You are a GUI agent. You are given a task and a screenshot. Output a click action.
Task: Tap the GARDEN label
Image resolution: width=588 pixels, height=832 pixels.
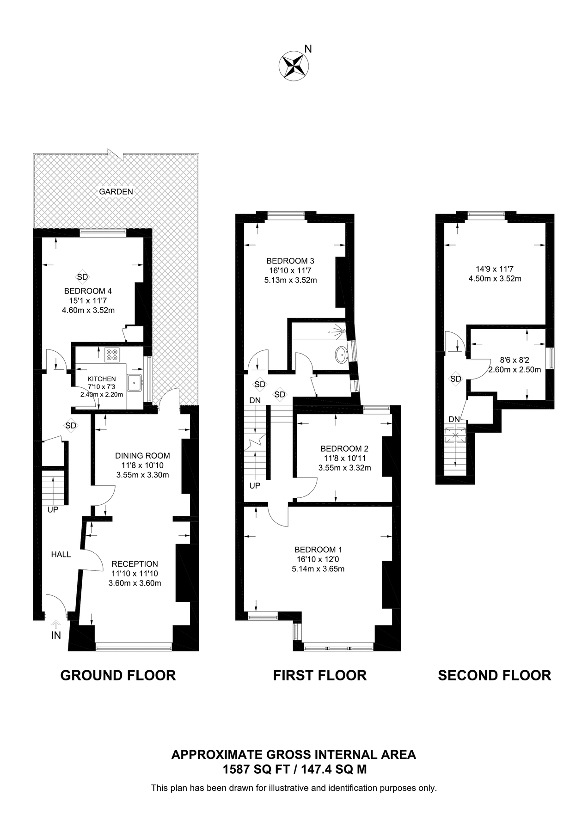point(116,191)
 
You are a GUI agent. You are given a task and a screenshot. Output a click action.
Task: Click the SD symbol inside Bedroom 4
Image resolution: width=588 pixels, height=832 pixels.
point(82,277)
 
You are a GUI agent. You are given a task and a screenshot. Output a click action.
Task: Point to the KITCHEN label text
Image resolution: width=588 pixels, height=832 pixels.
point(102,379)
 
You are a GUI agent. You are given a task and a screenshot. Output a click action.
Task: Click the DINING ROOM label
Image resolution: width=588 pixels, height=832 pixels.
point(142,456)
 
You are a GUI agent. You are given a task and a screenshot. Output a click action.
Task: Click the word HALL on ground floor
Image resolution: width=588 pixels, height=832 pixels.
point(61,554)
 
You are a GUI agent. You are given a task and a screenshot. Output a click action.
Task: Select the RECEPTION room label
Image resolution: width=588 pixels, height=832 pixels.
point(135,564)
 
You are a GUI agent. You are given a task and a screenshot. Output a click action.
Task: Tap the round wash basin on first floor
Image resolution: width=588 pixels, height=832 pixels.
point(342,355)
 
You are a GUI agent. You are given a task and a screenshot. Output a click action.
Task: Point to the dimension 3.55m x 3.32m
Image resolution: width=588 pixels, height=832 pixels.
point(344,468)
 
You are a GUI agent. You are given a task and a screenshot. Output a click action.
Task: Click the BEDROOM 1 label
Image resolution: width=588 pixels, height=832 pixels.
point(318,550)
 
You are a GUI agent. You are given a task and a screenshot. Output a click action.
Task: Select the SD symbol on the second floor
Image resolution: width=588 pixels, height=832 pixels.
point(456,379)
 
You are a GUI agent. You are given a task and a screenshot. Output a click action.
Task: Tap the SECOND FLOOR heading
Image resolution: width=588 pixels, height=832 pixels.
point(494,675)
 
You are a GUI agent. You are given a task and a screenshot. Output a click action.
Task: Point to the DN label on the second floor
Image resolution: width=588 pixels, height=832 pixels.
point(454,419)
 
